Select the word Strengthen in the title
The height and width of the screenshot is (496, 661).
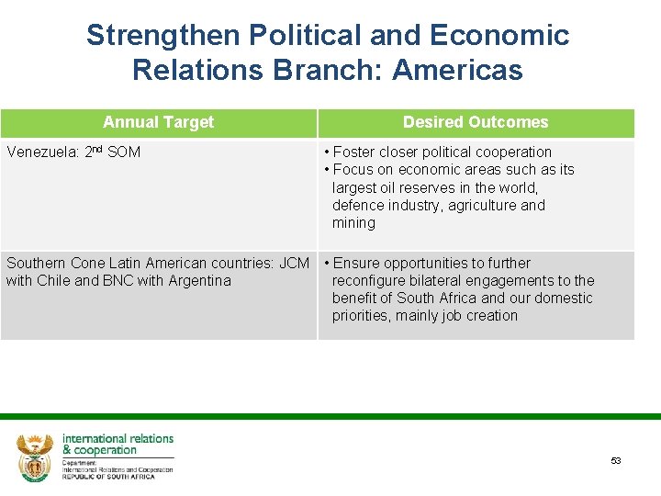point(161,35)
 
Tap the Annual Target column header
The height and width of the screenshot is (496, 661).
point(158,122)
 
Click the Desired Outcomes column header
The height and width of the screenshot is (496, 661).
point(476,122)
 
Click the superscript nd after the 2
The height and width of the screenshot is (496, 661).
point(96,149)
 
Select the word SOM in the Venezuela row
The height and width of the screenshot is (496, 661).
point(124,152)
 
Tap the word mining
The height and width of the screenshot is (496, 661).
point(353,223)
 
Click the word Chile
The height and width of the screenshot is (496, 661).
point(53,281)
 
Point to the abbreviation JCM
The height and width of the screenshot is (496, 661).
point(294,264)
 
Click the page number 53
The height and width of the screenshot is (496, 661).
point(615,461)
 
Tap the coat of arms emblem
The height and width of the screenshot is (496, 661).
point(35,457)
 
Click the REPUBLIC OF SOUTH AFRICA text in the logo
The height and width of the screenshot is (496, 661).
point(108,477)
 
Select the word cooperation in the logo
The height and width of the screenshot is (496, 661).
point(106,450)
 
